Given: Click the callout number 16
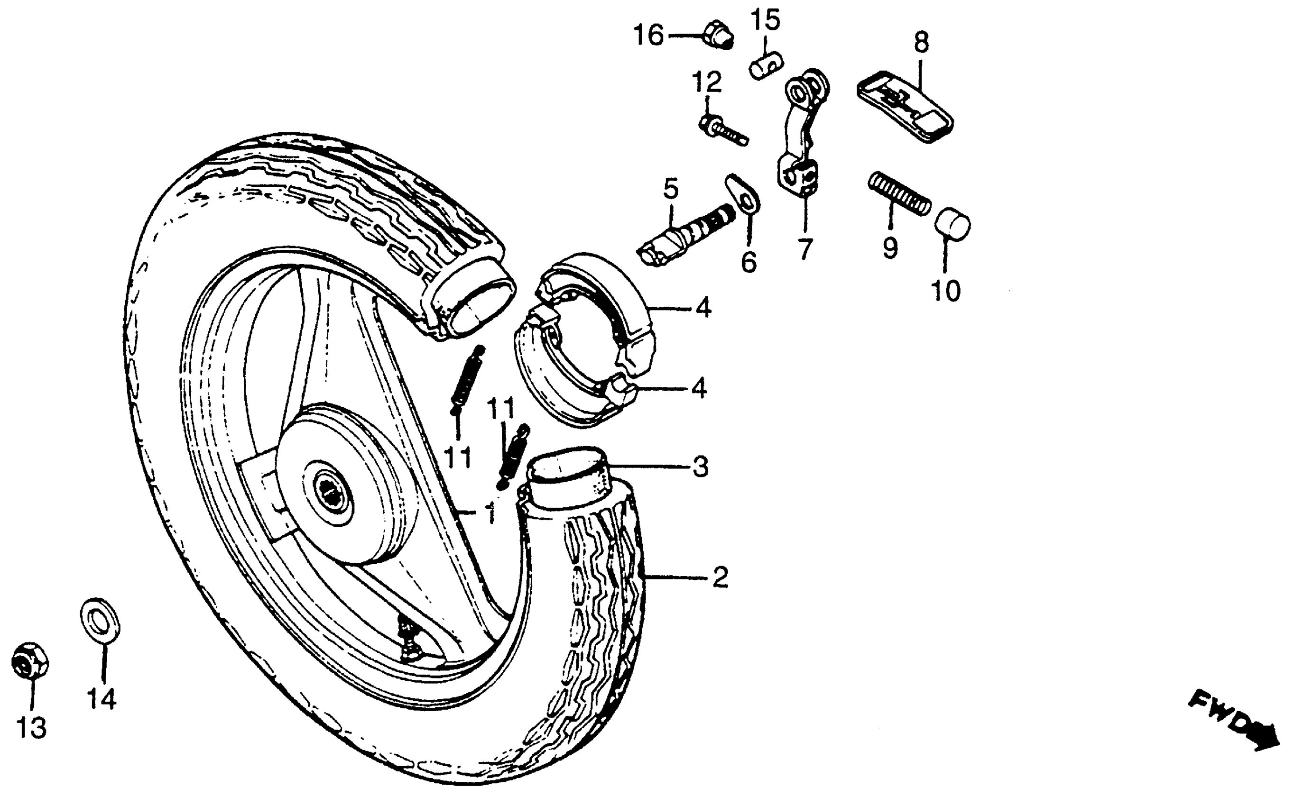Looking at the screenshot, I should (x=648, y=36).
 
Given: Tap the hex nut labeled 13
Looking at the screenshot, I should (x=30, y=661).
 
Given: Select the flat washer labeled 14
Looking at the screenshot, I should (x=100, y=621).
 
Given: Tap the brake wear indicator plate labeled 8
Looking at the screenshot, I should (x=905, y=107).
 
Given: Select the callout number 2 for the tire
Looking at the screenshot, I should (x=720, y=577).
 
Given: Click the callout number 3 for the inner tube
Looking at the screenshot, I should (x=700, y=467).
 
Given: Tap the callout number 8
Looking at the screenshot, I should (x=921, y=43).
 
